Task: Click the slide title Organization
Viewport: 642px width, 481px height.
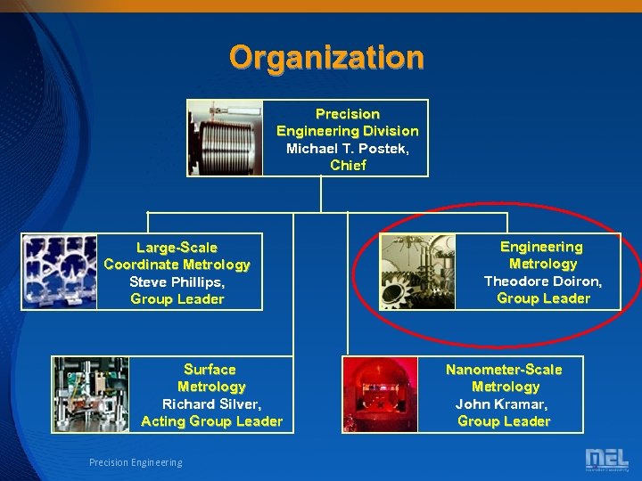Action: point(326,58)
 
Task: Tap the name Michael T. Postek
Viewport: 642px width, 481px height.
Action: point(347,148)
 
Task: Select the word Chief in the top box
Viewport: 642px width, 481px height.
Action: point(348,165)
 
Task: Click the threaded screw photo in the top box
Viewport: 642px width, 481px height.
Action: point(225,137)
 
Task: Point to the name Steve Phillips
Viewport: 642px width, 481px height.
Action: point(177,281)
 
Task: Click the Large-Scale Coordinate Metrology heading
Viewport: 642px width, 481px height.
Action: point(177,256)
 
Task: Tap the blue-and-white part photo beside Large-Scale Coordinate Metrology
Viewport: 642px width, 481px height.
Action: point(59,272)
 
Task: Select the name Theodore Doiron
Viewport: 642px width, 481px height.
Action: point(542,281)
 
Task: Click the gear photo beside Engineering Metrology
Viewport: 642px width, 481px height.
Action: point(417,272)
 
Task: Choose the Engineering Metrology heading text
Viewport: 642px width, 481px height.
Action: point(542,255)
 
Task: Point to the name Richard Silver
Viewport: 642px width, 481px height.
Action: point(211,404)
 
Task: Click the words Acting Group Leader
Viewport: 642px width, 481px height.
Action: point(211,421)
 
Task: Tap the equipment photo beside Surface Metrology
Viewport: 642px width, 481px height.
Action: point(90,395)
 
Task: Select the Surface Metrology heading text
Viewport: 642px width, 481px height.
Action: point(210,378)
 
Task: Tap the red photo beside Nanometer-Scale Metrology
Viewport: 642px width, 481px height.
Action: point(381,395)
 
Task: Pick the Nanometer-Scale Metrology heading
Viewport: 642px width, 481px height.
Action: point(504,378)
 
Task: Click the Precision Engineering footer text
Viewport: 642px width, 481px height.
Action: point(136,462)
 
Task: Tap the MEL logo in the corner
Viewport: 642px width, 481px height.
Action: point(606,460)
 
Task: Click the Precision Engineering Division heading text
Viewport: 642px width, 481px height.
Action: point(347,122)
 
